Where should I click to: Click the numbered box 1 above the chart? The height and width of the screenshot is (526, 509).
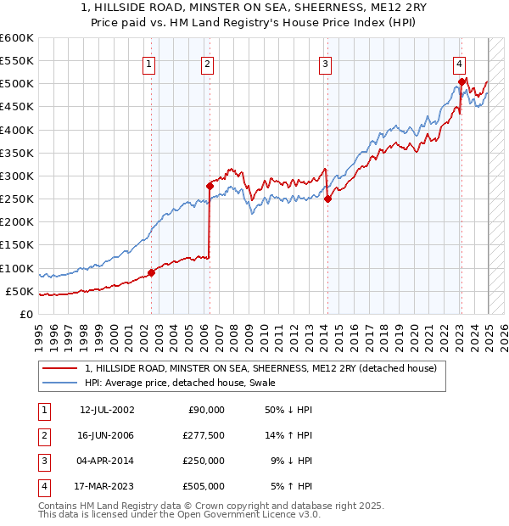pyautogui.click(x=149, y=63)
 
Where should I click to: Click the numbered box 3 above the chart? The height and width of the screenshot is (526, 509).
pyautogui.click(x=326, y=63)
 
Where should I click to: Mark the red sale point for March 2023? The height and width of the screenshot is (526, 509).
pyautogui.click(x=461, y=81)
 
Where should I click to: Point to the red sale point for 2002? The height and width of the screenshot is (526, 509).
pyautogui.click(x=151, y=272)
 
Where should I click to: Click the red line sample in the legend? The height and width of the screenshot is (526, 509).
pyautogui.click(x=61, y=368)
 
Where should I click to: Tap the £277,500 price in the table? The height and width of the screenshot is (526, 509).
pyautogui.click(x=204, y=435)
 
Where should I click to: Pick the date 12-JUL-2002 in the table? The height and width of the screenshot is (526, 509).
pyautogui.click(x=107, y=410)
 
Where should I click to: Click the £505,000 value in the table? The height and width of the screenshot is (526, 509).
pyautogui.click(x=204, y=486)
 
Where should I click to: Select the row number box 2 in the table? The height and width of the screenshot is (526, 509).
pyautogui.click(x=43, y=435)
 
